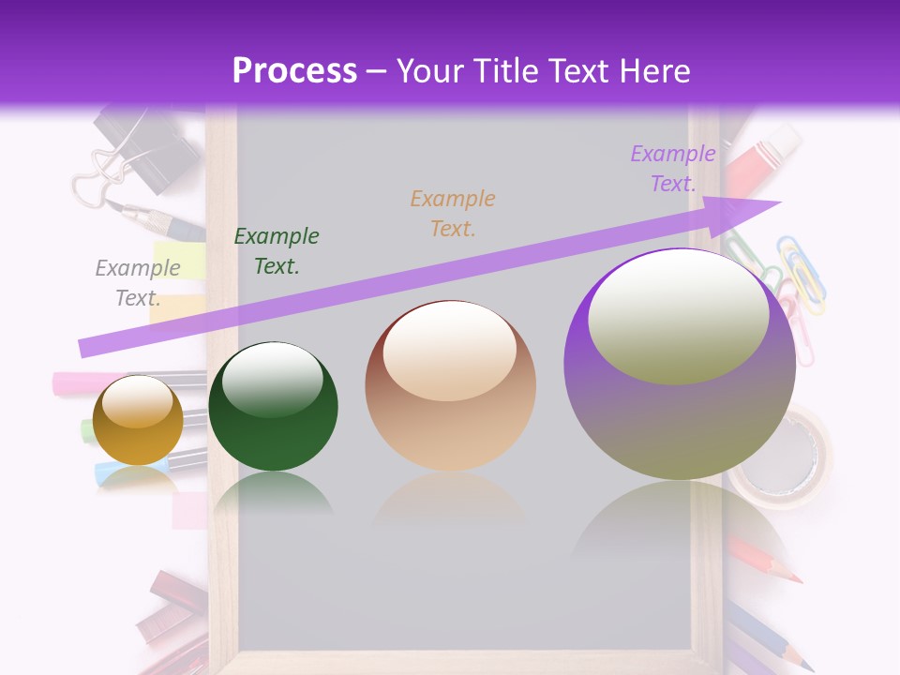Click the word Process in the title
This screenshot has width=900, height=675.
coord(294,71)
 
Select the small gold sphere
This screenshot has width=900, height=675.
coord(139,420)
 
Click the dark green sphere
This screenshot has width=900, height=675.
coord(272,407)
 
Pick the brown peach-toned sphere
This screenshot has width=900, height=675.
coord(450,386)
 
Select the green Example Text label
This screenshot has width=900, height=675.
coord(277,251)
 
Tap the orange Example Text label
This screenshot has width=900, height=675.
coord(453,214)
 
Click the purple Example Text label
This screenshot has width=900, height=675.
coord(673,169)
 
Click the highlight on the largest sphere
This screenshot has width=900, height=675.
coord(678,314)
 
